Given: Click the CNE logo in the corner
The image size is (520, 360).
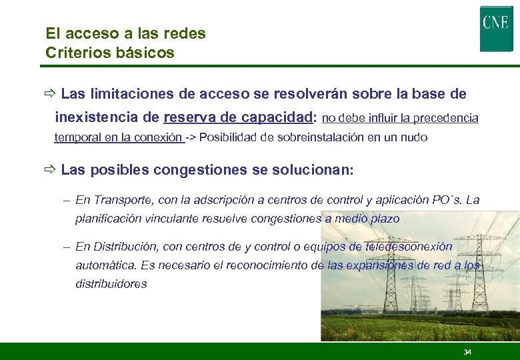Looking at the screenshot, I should (496, 28).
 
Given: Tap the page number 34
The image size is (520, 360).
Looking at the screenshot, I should (467, 352).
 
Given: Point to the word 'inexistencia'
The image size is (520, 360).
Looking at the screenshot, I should (96, 118).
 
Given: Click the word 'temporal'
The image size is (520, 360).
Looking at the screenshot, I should (74, 138).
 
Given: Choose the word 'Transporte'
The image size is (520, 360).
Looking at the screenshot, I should (120, 200).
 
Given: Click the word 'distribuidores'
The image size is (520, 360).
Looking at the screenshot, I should (111, 284).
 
